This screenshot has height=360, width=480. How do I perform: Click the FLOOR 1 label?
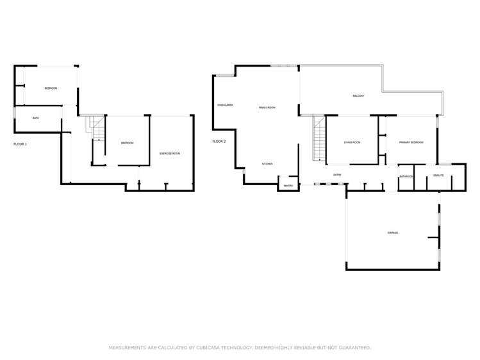pyautogui.click(x=21, y=144)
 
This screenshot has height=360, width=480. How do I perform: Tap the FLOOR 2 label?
pyautogui.click(x=219, y=141)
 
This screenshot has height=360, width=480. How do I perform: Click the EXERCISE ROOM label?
pyautogui.click(x=170, y=154)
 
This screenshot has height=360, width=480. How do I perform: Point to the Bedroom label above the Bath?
pyautogui.click(x=51, y=88)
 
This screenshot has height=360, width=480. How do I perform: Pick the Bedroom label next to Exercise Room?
pyautogui.click(x=127, y=143)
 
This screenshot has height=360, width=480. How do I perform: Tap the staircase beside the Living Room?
pyautogui.click(x=319, y=138)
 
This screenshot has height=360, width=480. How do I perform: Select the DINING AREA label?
pyautogui.click(x=225, y=104)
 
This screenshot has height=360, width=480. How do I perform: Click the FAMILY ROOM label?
pyautogui.click(x=267, y=108)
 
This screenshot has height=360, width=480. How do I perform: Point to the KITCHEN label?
pyautogui.click(x=267, y=164)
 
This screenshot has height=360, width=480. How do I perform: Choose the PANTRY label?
pyautogui.click(x=288, y=186)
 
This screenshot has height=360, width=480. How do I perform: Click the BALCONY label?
pyautogui.click(x=358, y=96)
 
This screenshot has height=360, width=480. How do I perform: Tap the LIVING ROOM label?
pyautogui.click(x=352, y=142)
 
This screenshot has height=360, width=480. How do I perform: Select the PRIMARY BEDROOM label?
pyautogui.click(x=411, y=142)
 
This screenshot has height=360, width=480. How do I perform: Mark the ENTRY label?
pyautogui.click(x=337, y=174)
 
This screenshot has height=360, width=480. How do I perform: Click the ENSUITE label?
pyautogui.click(x=439, y=175)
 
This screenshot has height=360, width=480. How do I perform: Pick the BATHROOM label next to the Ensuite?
pyautogui.click(x=406, y=177)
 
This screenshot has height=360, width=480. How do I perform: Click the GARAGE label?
pyautogui.click(x=392, y=233)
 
